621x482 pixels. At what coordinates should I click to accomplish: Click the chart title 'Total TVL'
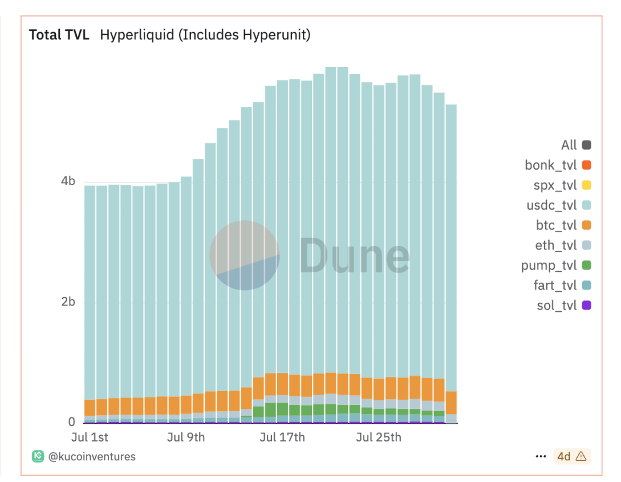(59, 35)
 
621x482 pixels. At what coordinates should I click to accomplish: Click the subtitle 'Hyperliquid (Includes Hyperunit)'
(205, 35)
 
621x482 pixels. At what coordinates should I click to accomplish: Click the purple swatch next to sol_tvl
(587, 306)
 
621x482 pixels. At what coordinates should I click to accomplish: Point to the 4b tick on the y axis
(68, 182)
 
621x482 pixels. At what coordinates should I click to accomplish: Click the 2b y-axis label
(68, 302)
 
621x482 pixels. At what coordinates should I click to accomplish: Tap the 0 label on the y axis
(72, 422)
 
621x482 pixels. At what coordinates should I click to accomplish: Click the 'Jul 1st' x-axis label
(90, 438)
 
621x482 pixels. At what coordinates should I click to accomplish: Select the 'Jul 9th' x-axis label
(186, 438)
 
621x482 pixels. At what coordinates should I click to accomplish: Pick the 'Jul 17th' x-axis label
(282, 438)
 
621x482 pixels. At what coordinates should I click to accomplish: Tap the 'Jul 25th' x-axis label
(379, 438)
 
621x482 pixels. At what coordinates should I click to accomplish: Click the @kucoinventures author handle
(92, 456)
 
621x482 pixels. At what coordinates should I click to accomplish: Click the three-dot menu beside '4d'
(541, 456)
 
